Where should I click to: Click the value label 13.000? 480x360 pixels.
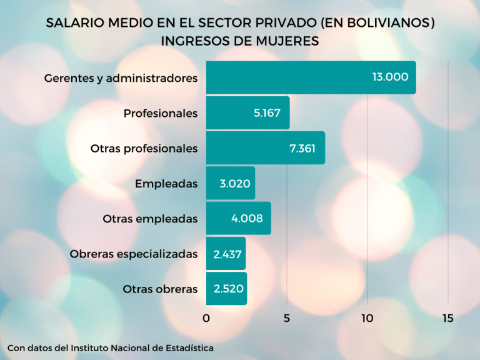pyautogui.click(x=390, y=77)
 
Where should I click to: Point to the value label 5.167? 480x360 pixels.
pyautogui.click(x=267, y=113)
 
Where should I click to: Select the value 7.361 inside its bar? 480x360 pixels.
pyautogui.click(x=302, y=148)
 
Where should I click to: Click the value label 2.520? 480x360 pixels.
pyautogui.click(x=228, y=289)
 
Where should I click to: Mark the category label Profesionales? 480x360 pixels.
pyautogui.click(x=161, y=113)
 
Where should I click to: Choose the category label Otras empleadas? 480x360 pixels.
pyautogui.click(x=150, y=219)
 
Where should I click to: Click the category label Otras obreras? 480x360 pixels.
pyautogui.click(x=160, y=289)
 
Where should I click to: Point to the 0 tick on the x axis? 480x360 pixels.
pyautogui.click(x=206, y=318)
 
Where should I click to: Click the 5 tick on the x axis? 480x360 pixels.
pyautogui.click(x=287, y=318)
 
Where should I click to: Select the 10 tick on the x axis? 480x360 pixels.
pyautogui.click(x=367, y=318)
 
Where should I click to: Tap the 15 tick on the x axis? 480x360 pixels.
pyautogui.click(x=447, y=318)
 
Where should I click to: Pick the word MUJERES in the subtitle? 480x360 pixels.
pyautogui.click(x=287, y=41)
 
